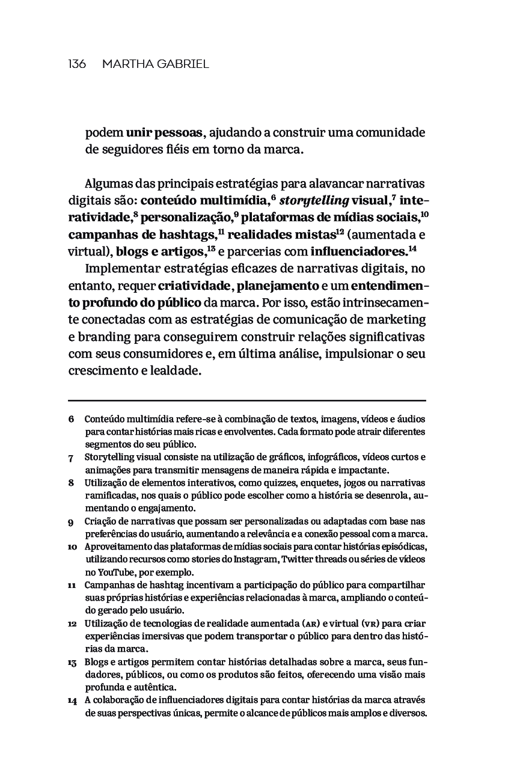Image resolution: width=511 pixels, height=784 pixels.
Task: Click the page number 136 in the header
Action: (77, 64)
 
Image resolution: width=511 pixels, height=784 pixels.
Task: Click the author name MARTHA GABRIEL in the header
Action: (156, 64)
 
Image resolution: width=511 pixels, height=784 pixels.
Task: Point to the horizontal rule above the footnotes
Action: (247, 400)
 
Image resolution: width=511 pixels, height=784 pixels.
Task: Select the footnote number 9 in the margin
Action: (71, 522)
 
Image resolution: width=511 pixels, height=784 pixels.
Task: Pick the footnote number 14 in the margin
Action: (72, 701)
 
